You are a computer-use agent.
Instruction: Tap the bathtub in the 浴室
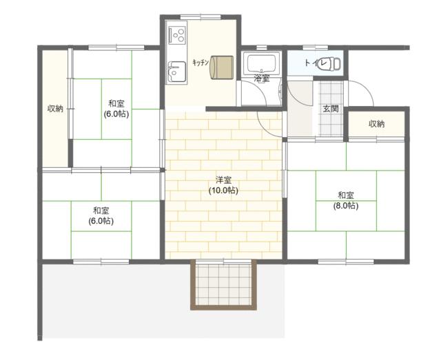261,64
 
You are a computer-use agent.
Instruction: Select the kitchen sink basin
176,72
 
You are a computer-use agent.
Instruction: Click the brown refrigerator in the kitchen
222,67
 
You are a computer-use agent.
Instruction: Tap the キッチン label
201,63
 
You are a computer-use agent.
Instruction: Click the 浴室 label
262,78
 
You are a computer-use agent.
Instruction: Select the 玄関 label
331,109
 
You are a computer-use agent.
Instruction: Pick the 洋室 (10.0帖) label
223,185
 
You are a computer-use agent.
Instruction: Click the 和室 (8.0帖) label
346,200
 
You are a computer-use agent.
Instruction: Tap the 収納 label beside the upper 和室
55,108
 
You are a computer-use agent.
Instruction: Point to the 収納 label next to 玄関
377,124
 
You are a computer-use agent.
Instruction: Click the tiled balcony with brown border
223,284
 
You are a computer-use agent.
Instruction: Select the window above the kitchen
201,17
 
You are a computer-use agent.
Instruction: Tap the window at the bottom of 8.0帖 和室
346,262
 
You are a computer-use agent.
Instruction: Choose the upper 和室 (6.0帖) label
116,109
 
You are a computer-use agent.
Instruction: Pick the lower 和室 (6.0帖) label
101,215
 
